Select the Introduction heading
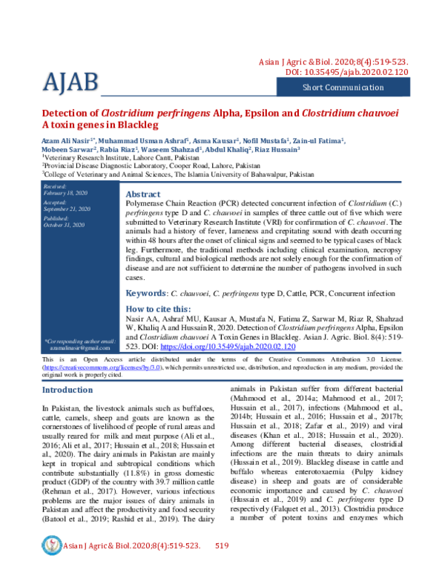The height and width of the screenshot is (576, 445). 67,390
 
